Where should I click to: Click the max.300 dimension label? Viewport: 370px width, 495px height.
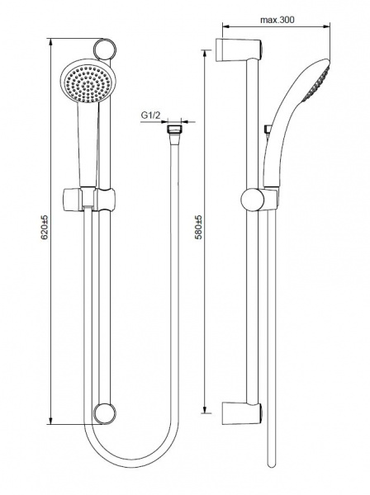click(277, 20)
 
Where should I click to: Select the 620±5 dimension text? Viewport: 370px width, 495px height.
click(45, 227)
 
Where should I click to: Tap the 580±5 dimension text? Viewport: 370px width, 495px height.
click(199, 227)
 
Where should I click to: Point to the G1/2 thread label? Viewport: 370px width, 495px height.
click(150, 115)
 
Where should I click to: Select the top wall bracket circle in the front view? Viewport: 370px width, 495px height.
click(105, 49)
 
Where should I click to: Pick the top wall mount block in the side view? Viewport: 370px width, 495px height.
click(239, 50)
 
